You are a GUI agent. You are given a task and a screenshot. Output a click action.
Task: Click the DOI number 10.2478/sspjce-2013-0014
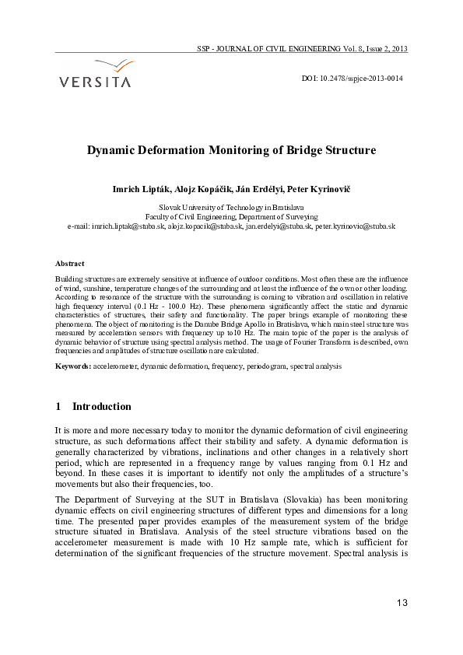pos(363,79)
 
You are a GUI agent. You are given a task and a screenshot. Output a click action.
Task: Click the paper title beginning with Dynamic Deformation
pos(231,150)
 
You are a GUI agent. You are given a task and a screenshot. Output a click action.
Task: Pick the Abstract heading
pos(70,264)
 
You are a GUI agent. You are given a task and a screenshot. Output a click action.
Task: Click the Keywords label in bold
pos(73,365)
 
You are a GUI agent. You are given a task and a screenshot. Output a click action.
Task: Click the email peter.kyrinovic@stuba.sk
pos(356,226)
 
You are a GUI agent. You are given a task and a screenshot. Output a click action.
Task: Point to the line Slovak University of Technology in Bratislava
pos(231,208)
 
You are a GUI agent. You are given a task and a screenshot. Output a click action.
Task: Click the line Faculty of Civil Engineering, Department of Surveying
pos(231,217)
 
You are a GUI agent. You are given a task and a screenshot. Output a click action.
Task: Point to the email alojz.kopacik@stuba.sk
pos(203,226)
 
